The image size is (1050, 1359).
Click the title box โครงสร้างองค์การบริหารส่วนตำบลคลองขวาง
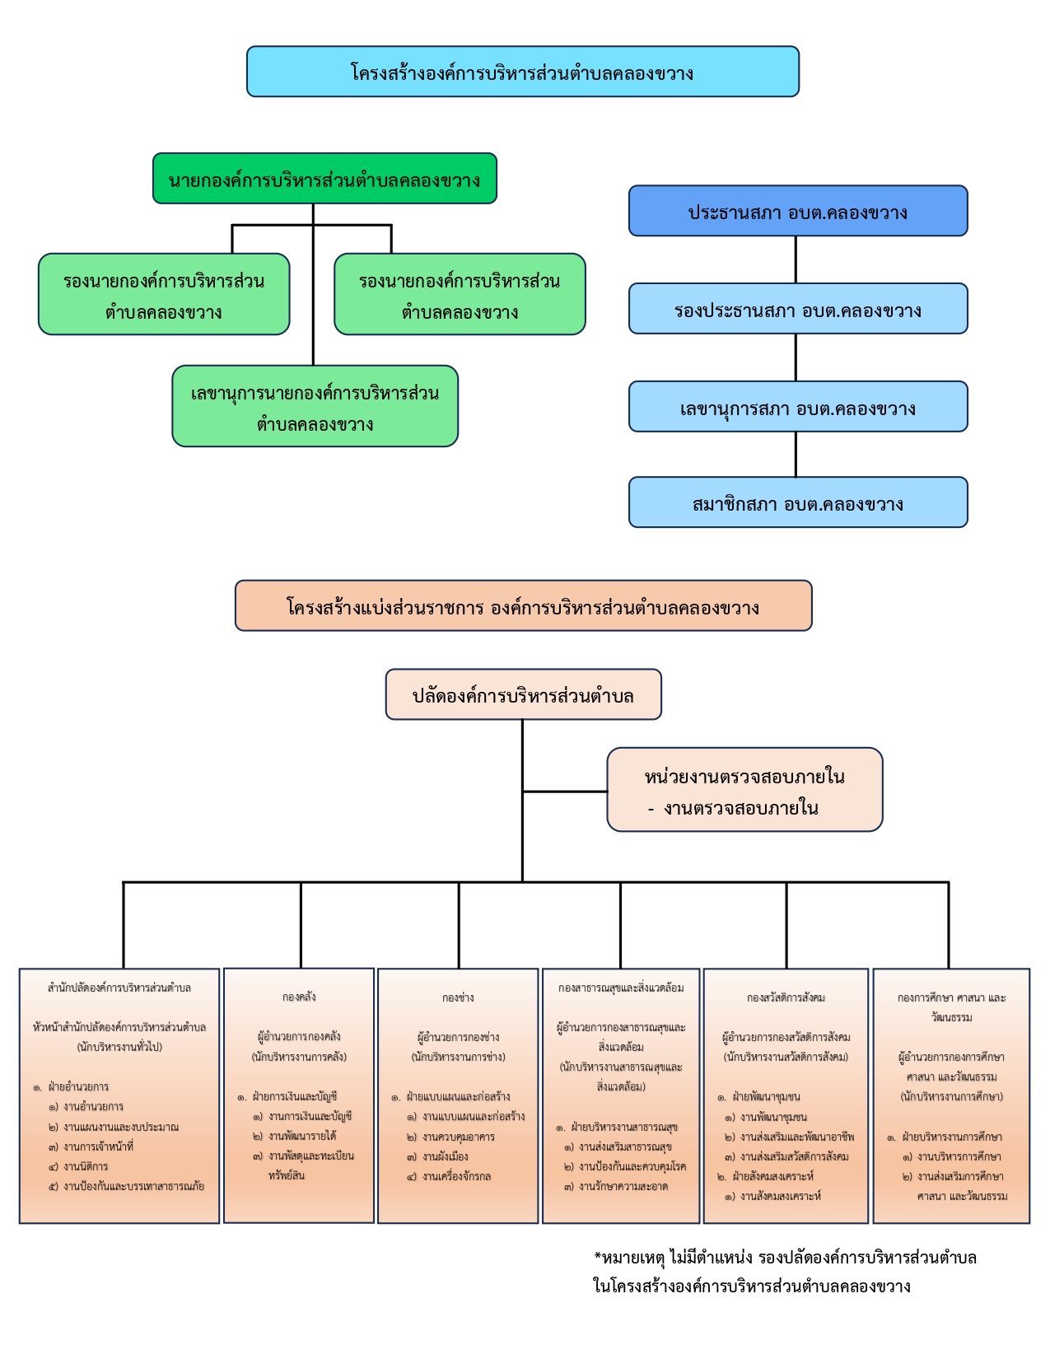click(x=522, y=72)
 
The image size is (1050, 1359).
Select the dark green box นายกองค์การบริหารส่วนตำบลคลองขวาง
click(x=324, y=179)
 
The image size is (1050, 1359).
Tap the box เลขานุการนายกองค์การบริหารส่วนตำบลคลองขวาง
click(x=315, y=406)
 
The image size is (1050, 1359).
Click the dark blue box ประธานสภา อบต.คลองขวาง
click(x=797, y=211)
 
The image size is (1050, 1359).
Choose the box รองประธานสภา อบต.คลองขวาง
click(x=797, y=309)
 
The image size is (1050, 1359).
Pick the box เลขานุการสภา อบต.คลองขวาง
click(x=797, y=407)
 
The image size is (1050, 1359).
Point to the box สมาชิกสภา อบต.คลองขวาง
click(x=797, y=502)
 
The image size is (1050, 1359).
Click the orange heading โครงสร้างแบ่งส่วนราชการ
click(x=523, y=606)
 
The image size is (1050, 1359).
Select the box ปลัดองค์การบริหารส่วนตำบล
click(x=523, y=694)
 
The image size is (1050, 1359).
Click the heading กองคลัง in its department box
click(x=299, y=997)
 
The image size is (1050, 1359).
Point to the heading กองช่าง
click(x=458, y=997)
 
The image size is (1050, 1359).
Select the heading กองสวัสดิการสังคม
click(x=786, y=997)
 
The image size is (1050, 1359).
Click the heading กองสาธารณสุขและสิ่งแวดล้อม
click(x=621, y=988)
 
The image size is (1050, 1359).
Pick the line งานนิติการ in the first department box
click(x=86, y=1166)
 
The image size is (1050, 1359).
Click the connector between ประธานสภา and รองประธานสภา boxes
click(x=796, y=259)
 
